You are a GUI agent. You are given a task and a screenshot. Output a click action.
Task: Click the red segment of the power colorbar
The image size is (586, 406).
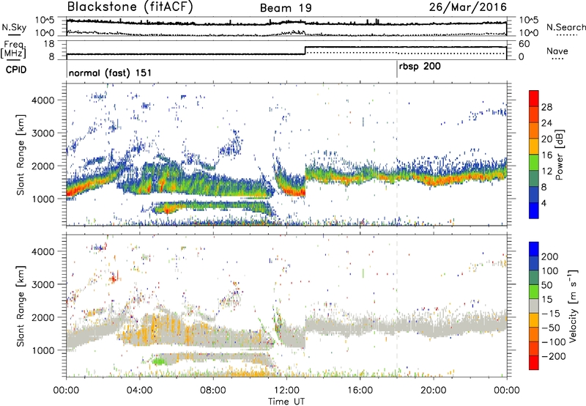[535, 99]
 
